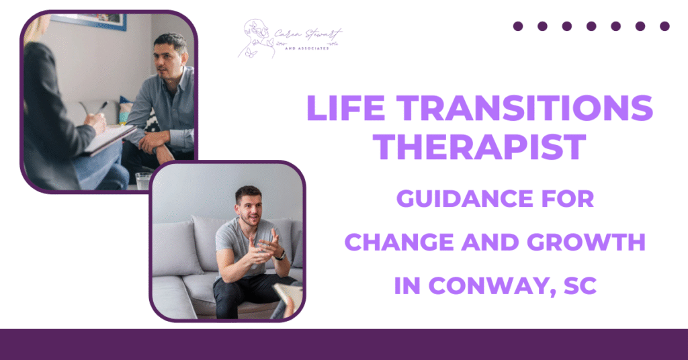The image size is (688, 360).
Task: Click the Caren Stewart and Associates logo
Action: (x=289, y=39)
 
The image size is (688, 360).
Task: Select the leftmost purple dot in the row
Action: (x=518, y=26)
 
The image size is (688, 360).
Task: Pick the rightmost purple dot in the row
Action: (x=664, y=26)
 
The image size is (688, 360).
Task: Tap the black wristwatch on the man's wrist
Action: (x=279, y=255)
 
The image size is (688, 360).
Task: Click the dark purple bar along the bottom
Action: (x=344, y=344)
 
